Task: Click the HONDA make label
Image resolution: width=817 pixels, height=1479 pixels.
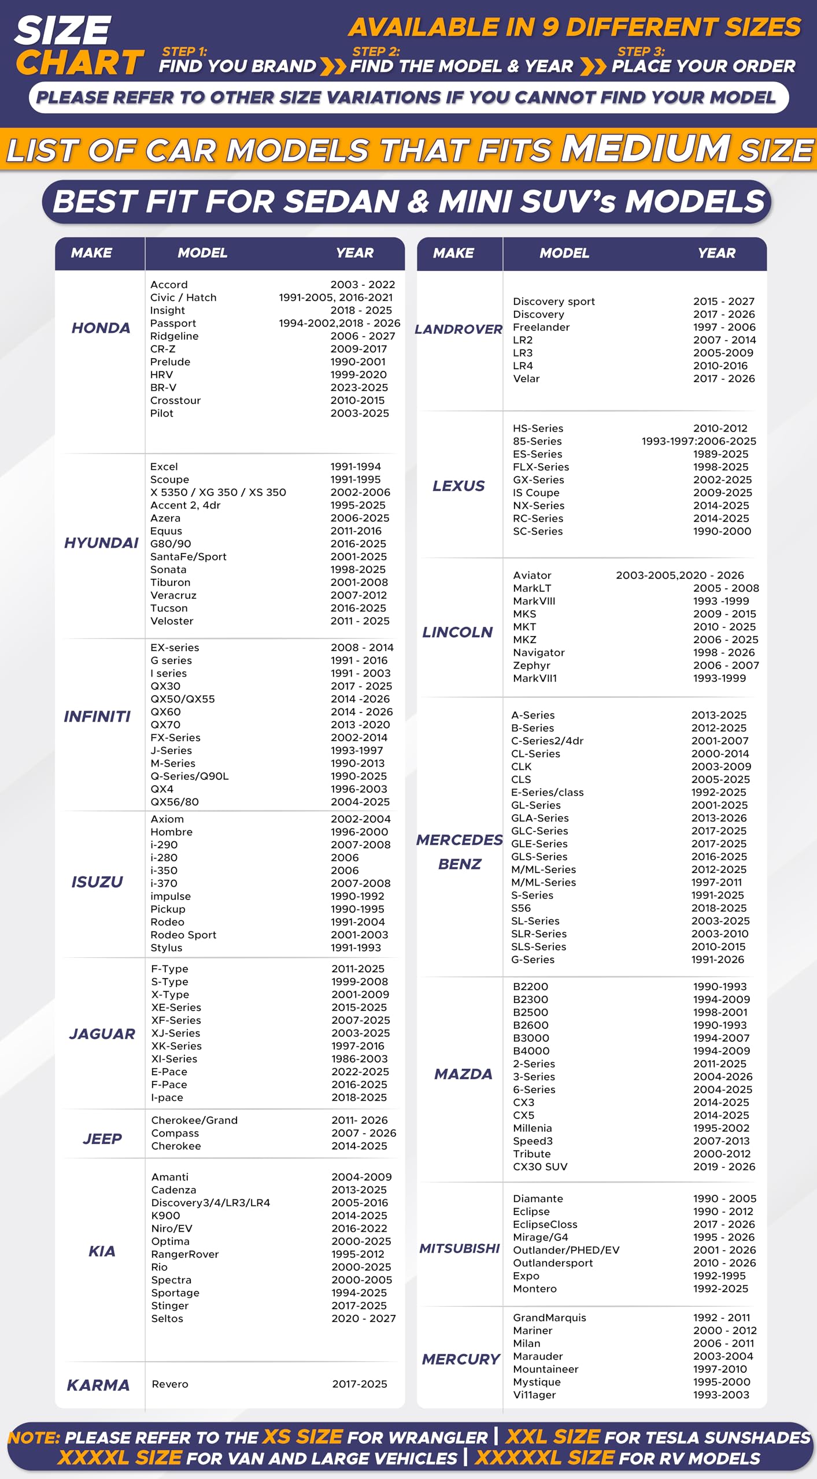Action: coord(101,328)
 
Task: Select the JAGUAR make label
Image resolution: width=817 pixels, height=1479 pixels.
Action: coord(102,1034)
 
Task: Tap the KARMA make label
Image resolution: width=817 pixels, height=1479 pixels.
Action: coord(98,1385)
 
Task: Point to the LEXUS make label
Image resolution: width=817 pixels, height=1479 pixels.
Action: coord(459,486)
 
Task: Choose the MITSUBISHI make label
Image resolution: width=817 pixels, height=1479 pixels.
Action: coord(459,1248)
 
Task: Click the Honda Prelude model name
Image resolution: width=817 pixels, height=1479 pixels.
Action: coord(170,362)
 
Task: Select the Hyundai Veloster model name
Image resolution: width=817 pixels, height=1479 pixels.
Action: coord(172,621)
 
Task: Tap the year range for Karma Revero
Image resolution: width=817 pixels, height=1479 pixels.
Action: coord(360,1384)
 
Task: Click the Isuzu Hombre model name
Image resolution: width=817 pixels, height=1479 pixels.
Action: coord(171,832)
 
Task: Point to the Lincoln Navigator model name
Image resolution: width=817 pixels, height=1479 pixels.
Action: coord(538,652)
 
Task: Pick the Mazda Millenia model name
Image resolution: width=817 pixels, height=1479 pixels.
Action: coord(532,1128)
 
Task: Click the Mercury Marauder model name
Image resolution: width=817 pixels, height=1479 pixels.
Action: coord(538,1356)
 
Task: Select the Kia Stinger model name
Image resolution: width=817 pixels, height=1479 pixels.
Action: coord(170,1306)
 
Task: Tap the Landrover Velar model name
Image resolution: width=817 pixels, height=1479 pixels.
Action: coord(526,378)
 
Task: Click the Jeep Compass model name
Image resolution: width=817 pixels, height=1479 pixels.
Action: coord(175,1133)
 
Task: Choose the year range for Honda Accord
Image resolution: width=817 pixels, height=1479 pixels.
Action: coord(363,285)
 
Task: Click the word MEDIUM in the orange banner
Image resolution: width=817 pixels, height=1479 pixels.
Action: coord(645,148)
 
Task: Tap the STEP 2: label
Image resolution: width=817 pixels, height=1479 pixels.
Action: coord(376,51)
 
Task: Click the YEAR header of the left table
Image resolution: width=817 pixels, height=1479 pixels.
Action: coord(354,253)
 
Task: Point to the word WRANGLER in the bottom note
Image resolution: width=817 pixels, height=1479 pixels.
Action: coord(446,1437)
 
